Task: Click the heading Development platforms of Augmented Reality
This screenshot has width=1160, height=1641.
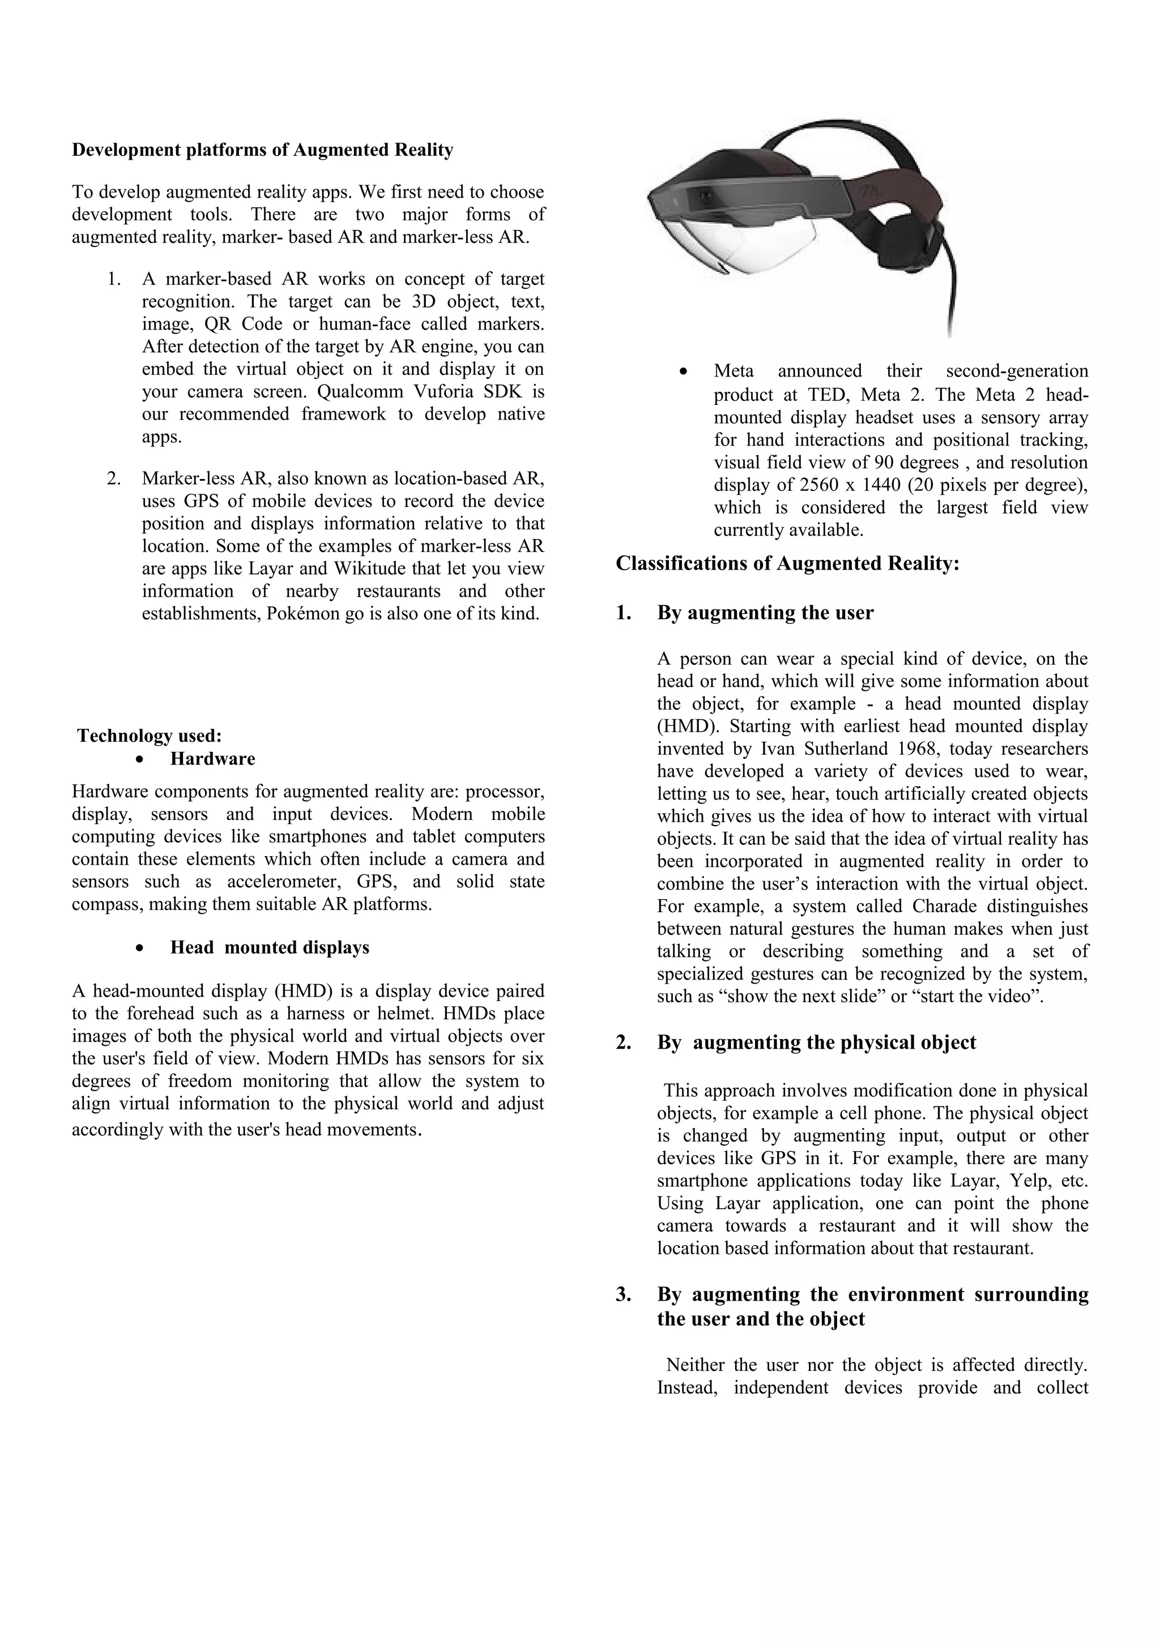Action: (262, 150)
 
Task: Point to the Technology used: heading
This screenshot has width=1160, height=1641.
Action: (150, 736)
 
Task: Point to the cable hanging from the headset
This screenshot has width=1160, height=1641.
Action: (950, 293)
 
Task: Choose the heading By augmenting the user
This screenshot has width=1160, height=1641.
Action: (765, 613)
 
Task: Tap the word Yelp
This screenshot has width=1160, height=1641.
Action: (1028, 1180)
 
